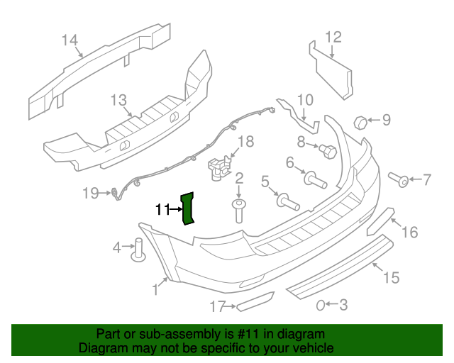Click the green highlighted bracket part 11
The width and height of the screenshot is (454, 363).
click(x=189, y=207)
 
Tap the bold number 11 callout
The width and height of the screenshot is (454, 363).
click(x=162, y=209)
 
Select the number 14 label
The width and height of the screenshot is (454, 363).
click(x=69, y=40)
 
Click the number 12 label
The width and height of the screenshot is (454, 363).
click(x=333, y=37)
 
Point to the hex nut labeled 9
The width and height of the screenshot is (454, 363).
click(x=360, y=121)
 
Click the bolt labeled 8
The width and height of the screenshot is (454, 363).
click(x=328, y=150)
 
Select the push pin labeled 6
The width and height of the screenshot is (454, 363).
click(x=316, y=179)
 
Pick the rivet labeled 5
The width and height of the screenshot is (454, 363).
click(x=287, y=202)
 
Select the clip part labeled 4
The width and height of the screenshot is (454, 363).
click(x=139, y=250)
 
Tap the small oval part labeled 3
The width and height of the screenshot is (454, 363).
click(x=321, y=305)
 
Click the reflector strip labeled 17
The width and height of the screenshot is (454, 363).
click(x=255, y=303)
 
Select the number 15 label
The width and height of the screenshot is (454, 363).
click(x=392, y=277)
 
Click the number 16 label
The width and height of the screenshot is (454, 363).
click(x=410, y=232)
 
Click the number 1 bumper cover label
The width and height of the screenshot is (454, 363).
click(x=155, y=289)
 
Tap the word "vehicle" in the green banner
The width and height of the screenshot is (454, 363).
click(x=310, y=348)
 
